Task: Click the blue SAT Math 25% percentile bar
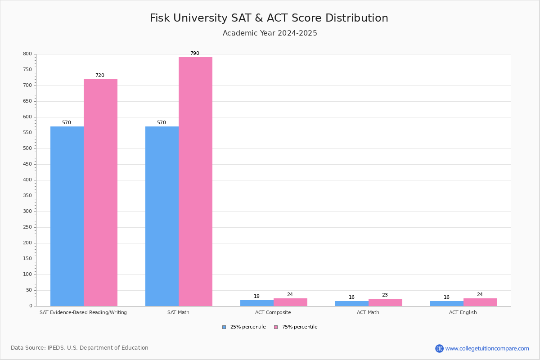[x=162, y=216]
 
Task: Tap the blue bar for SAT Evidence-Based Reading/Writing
[x=67, y=216]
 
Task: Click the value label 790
[x=194, y=54]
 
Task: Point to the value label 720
[x=99, y=76]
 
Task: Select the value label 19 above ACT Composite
[x=256, y=297]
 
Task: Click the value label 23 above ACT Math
[x=385, y=295]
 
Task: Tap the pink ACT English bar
[x=480, y=302]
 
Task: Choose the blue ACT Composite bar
[x=257, y=303]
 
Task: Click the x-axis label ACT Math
[x=368, y=312]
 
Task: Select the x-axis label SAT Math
[x=178, y=312]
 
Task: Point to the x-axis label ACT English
[x=463, y=312]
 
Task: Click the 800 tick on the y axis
[x=27, y=54]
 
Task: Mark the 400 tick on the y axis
[x=27, y=180]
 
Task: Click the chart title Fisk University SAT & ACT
[x=269, y=18]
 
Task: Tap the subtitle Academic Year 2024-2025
[x=270, y=33]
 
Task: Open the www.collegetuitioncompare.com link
[x=487, y=348]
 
